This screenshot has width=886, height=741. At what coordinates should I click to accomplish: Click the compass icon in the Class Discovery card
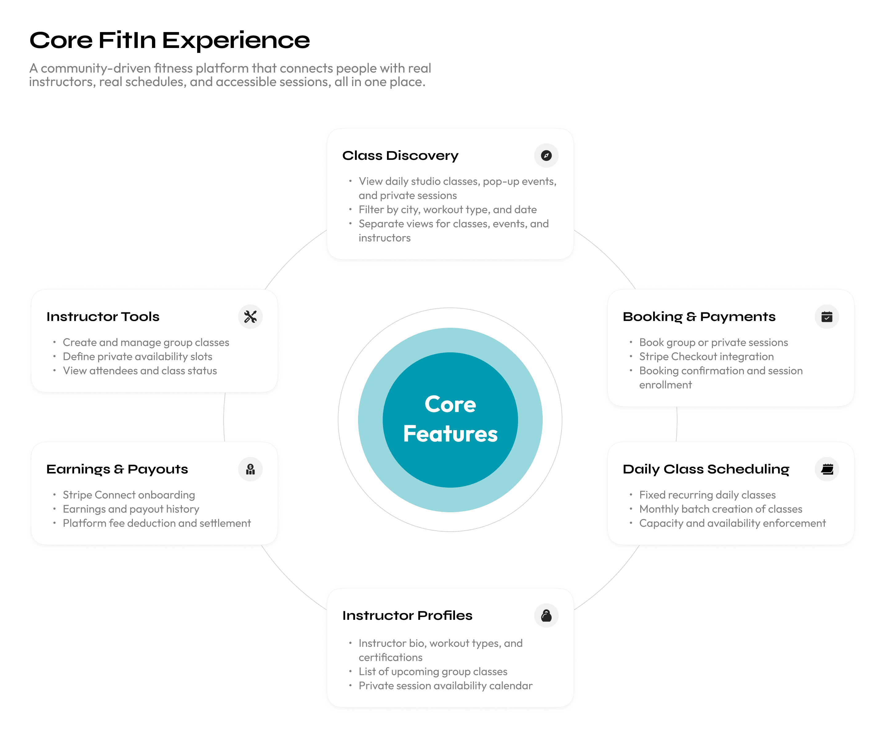coord(546,156)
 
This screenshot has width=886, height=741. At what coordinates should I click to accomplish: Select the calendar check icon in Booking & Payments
coord(827,317)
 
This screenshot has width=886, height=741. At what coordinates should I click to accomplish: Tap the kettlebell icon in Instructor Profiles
coord(546,616)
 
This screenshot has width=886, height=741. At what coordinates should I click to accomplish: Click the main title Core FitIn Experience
coord(170,41)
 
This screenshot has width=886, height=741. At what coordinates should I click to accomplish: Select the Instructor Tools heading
coord(103,317)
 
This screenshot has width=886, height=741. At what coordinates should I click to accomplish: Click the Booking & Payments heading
coord(699,317)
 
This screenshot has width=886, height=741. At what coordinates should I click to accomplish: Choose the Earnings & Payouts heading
coord(117,470)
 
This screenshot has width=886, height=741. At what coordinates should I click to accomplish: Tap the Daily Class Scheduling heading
coord(706,470)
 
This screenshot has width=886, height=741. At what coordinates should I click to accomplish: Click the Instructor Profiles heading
coord(407,616)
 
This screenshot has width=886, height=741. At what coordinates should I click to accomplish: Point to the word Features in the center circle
coord(450,434)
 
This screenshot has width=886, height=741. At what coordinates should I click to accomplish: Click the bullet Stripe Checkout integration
coord(706,357)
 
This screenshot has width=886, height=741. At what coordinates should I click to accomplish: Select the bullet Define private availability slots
coord(138,357)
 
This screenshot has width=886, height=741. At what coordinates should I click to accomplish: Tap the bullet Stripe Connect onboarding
coord(129,495)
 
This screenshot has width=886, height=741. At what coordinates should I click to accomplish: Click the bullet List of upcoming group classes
coord(433,672)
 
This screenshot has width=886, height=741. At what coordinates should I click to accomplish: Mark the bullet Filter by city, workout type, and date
coord(448,210)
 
